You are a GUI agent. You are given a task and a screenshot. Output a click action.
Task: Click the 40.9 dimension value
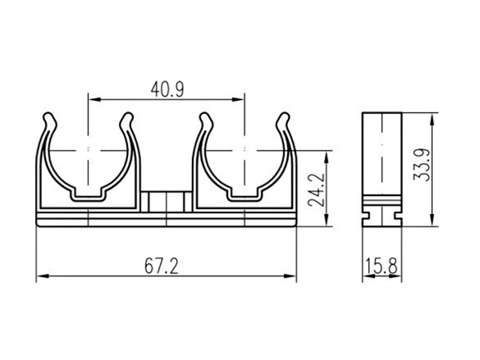[x=167, y=89]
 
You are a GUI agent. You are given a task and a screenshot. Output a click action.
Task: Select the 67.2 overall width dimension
[x=162, y=266]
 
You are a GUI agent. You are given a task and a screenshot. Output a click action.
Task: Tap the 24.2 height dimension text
[x=316, y=189]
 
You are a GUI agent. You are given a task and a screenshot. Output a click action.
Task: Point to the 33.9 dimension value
[x=421, y=165]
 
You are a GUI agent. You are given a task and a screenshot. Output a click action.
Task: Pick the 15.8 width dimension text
[x=381, y=266]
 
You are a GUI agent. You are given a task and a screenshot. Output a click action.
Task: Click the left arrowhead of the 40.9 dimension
[x=94, y=99]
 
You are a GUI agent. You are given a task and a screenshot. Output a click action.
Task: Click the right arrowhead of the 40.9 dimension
[x=238, y=99]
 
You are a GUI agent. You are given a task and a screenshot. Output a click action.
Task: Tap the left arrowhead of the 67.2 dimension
[x=43, y=276]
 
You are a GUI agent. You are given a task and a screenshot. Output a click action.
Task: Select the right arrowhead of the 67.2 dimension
[x=290, y=276]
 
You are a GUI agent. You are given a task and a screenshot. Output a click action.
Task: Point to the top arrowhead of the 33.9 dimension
[x=432, y=119]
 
